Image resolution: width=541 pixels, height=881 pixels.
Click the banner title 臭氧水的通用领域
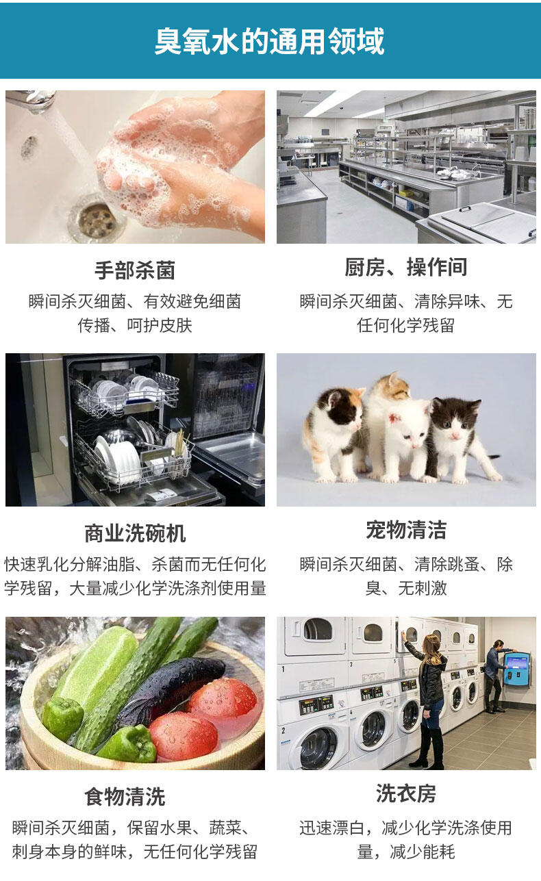pyautogui.click(x=270, y=40)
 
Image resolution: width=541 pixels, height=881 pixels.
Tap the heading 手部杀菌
pyautogui.click(x=135, y=270)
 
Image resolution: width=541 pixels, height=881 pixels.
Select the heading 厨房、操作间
pyautogui.click(x=406, y=267)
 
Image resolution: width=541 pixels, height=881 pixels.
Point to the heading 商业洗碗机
pyautogui.click(x=135, y=533)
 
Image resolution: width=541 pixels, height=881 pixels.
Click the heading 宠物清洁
pyautogui.click(x=406, y=529)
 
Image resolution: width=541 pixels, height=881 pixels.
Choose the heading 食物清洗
pyautogui.click(x=125, y=796)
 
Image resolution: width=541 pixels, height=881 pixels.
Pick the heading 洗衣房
pyautogui.click(x=406, y=793)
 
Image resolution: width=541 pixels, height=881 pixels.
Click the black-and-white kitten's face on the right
pyautogui.click(x=457, y=422)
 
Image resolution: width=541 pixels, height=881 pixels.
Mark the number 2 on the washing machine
pyautogui.click(x=284, y=731)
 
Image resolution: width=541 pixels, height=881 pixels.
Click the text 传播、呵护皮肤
pyautogui.click(x=135, y=326)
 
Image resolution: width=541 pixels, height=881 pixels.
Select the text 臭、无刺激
pyautogui.click(x=406, y=589)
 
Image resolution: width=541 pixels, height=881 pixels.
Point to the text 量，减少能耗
pyautogui.click(x=406, y=852)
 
